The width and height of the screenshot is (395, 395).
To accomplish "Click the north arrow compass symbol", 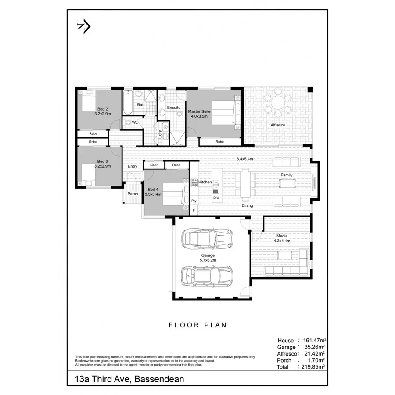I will pyautogui.click(x=83, y=26).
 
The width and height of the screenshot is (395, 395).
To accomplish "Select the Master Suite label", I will pyautogui.click(x=199, y=111).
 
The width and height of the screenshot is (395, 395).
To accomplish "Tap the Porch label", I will pyautogui.click(x=133, y=194).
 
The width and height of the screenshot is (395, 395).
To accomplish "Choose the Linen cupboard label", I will pyautogui.click(x=154, y=165).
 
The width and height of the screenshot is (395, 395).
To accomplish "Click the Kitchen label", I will pyautogui.click(x=205, y=182).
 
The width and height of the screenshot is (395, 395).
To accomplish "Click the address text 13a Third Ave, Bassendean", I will pyautogui.click(x=129, y=379).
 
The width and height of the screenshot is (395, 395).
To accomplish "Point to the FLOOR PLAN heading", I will pyautogui.click(x=197, y=325).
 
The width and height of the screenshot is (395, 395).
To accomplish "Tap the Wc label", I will pyautogui.click(x=135, y=122).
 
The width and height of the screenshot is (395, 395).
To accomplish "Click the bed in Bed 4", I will pyautogui.click(x=173, y=194).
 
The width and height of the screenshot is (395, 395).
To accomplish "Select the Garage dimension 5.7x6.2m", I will pyautogui.click(x=208, y=260).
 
